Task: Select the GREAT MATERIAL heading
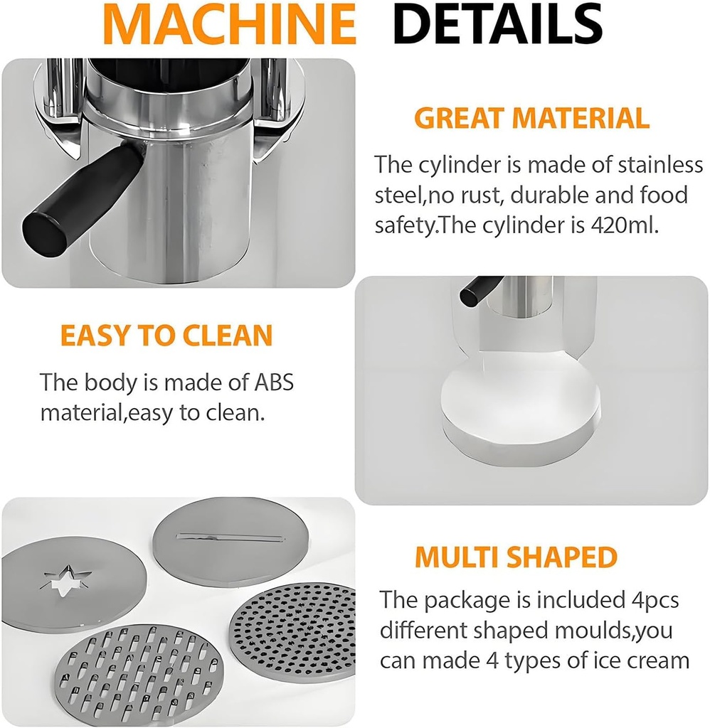531,119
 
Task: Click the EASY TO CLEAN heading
166,336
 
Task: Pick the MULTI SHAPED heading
516,557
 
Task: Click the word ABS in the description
272,382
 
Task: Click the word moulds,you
616,630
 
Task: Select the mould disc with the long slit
230,540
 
